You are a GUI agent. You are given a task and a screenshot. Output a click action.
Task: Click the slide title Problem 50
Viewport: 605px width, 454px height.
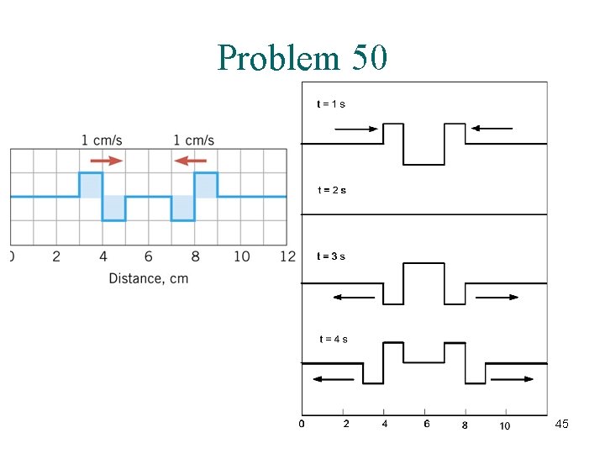302,57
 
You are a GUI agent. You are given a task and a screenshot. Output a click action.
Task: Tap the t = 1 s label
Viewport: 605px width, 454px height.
330,104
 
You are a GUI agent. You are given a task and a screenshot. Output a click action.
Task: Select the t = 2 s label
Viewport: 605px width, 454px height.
331,190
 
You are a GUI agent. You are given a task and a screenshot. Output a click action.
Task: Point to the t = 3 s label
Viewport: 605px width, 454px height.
330,256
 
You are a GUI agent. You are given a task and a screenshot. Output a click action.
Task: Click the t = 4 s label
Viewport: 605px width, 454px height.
334,339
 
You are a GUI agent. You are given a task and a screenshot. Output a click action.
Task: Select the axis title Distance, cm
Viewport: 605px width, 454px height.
148,278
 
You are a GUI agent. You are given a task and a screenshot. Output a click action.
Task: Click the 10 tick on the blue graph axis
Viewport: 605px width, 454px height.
241,256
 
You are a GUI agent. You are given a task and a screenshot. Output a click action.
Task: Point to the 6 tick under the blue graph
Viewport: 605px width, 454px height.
148,256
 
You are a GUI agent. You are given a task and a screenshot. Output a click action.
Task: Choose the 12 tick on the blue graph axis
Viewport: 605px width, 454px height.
288,256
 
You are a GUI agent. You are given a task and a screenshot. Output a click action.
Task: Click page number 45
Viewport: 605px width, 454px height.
562,425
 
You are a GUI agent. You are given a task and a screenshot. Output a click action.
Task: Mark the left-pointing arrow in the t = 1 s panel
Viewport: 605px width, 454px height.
492,128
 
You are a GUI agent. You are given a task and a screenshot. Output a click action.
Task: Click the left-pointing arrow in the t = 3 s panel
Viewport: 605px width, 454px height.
353,297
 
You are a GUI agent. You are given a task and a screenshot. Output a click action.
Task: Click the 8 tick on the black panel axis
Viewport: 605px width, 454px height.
465,425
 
